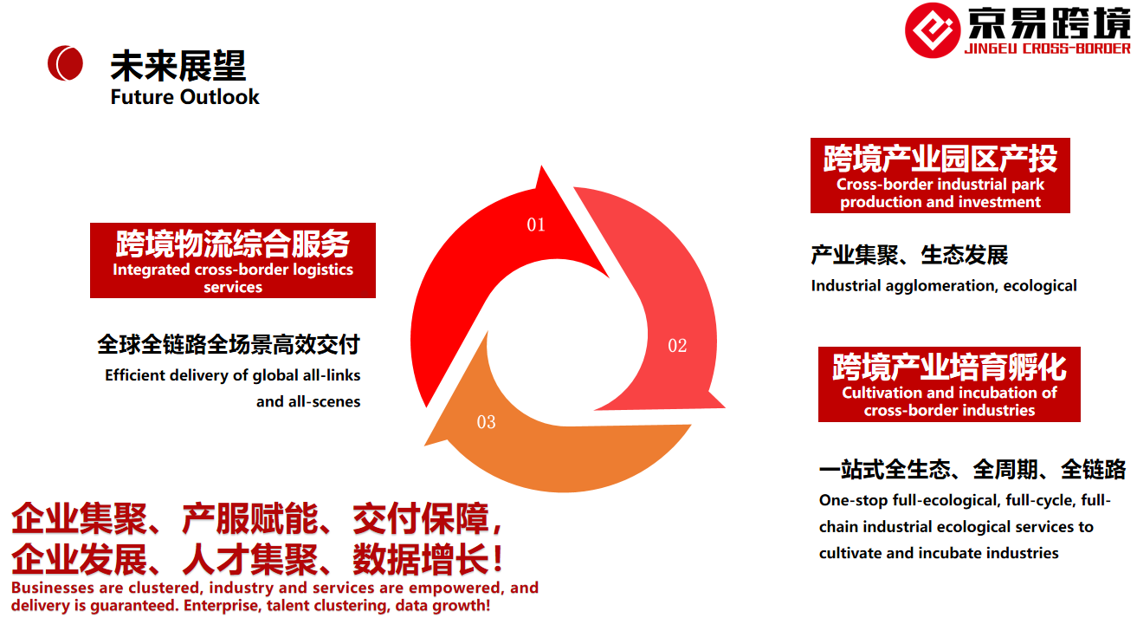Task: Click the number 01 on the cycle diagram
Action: pos(536,224)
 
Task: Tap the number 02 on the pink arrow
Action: pos(677,346)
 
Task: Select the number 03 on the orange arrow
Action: pos(486,422)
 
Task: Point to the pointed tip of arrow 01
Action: pos(541,166)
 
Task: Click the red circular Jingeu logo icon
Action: pos(933,30)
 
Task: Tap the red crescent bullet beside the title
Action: pos(65,63)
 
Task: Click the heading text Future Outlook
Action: pos(184,97)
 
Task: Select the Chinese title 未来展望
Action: pos(178,66)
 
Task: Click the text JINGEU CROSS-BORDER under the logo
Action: pos(1047,49)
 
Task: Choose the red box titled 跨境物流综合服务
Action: pos(233,260)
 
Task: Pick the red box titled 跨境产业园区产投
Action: pos(940,175)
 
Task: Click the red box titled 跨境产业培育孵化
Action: pos(949,384)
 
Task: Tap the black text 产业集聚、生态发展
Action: pos(909,255)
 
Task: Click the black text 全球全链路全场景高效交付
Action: pos(229,345)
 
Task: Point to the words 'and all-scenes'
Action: pos(308,401)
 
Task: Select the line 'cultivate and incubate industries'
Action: pos(939,553)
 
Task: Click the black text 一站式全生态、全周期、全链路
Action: pos(972,469)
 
